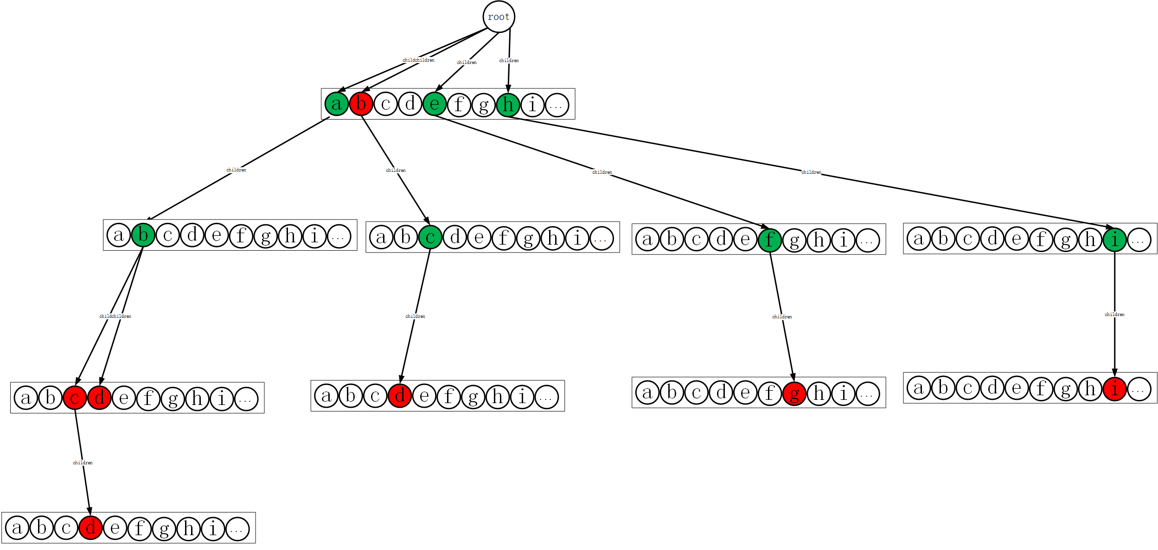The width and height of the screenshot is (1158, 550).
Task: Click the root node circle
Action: click(x=499, y=17)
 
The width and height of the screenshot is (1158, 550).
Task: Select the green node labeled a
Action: click(x=337, y=104)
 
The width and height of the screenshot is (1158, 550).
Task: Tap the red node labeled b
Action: click(x=361, y=104)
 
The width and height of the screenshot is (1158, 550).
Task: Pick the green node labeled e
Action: click(x=435, y=104)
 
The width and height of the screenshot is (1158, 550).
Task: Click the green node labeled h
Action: click(x=508, y=105)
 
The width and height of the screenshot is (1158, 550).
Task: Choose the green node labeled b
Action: click(x=143, y=235)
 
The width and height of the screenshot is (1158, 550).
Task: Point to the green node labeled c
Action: click(x=430, y=237)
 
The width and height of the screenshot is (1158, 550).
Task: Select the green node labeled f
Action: click(x=770, y=240)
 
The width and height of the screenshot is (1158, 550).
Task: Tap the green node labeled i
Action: click(x=1115, y=240)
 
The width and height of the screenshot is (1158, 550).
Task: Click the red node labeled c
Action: click(x=75, y=398)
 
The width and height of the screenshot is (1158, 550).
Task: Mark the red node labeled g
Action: click(x=794, y=393)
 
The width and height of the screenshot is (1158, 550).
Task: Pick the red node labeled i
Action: click(x=1115, y=388)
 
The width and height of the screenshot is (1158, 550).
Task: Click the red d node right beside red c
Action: click(x=99, y=398)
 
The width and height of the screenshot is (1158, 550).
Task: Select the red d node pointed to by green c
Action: click(x=400, y=396)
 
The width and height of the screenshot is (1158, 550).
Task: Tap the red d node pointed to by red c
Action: click(x=90, y=528)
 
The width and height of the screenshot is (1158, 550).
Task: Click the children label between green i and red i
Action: click(x=1114, y=315)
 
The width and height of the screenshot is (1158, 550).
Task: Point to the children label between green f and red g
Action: click(x=782, y=317)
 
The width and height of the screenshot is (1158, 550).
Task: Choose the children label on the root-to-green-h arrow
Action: click(x=509, y=61)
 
